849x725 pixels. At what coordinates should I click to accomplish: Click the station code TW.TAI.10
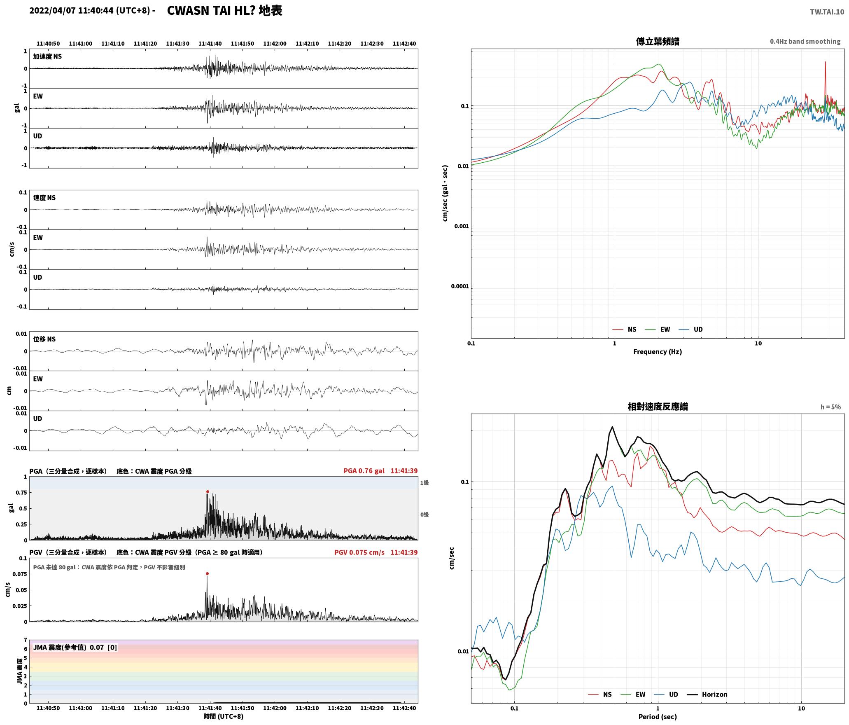click(x=827, y=12)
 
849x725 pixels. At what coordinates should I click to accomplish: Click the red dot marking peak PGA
click(x=208, y=491)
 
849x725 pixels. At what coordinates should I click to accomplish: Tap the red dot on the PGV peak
click(x=207, y=573)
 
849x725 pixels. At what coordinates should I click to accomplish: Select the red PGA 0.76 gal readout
click(x=364, y=471)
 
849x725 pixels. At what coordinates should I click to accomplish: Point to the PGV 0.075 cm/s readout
click(x=359, y=552)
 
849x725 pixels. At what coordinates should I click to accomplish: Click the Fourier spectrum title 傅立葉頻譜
click(x=658, y=42)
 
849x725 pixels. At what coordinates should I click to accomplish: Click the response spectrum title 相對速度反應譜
click(x=658, y=407)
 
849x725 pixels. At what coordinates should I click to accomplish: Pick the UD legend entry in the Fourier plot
click(x=691, y=329)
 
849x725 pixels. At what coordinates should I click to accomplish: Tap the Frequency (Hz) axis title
click(x=658, y=351)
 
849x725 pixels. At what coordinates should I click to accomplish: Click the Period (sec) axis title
click(x=658, y=716)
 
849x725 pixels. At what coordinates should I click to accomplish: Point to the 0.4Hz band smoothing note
click(x=805, y=41)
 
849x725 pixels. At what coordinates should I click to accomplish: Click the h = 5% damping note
click(x=830, y=407)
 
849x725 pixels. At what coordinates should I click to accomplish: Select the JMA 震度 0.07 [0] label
click(x=75, y=647)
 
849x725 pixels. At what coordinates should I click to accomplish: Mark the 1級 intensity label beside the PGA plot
click(x=424, y=482)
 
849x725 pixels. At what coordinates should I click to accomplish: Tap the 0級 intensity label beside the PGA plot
click(x=424, y=515)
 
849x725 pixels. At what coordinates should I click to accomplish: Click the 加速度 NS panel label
click(x=47, y=56)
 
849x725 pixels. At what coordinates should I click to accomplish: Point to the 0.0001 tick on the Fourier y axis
click(x=460, y=286)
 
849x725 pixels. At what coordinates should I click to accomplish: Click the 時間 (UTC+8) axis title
click(x=223, y=716)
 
